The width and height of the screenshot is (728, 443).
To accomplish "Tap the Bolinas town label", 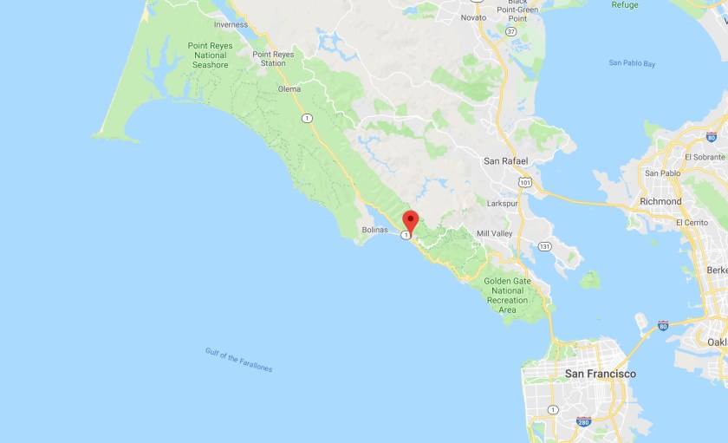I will coord(374,231).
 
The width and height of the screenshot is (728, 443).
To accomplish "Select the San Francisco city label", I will coord(600,374).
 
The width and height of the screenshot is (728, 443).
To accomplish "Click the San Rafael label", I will coord(506,161).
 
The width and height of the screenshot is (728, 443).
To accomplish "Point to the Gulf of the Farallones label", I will coord(238,360).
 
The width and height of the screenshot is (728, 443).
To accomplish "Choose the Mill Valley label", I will coord(495,234).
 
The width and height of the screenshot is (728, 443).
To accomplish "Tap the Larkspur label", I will coord(504,203).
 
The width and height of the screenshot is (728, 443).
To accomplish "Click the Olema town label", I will coord(289,89).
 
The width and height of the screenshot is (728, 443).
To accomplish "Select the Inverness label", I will coord(231,24).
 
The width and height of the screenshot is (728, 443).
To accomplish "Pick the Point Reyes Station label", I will coord(273,58).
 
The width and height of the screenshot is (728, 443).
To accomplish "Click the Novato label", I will coord(473,17).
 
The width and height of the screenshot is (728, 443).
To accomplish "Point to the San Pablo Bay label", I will coord(632,63).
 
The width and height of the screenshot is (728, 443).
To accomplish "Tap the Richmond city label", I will coord(660,201).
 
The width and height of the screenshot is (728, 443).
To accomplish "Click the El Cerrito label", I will coord(691,223).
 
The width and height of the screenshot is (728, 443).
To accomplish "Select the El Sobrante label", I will coord(704,157).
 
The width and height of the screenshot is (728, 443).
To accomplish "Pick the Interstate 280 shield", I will coord(584,422).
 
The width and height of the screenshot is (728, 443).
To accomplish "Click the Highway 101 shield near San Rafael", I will coord(525,183).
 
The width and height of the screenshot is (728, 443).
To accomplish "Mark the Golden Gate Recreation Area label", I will coord(507,296).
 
